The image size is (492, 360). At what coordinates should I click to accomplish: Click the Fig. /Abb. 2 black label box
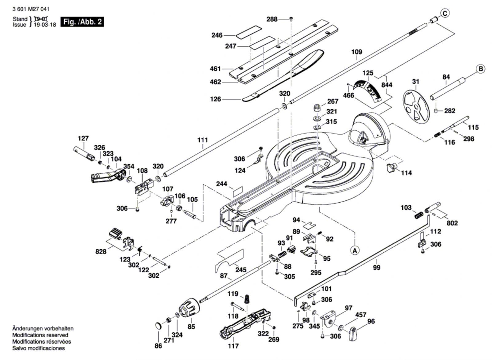pyautogui.click(x=82, y=22)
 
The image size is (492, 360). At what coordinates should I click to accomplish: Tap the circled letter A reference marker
pyautogui.click(x=355, y=251)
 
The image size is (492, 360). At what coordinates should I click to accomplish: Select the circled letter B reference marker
pyautogui.click(x=481, y=69)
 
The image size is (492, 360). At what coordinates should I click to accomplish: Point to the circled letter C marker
pyautogui.click(x=445, y=13)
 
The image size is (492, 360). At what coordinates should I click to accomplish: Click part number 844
pyautogui.click(x=387, y=85)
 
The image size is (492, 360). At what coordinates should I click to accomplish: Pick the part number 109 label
pyautogui.click(x=357, y=52)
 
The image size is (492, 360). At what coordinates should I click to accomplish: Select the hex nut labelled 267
pyautogui.click(x=317, y=108)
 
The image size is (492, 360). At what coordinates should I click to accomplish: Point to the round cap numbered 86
pyautogui.click(x=159, y=326)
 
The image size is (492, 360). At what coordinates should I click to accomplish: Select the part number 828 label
pyautogui.click(x=101, y=251)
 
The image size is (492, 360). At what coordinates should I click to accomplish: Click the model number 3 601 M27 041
pyautogui.click(x=31, y=9)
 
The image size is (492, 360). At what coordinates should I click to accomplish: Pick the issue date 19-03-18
pyautogui.click(x=45, y=25)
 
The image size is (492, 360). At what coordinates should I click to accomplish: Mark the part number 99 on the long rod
pyautogui.click(x=377, y=268)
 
